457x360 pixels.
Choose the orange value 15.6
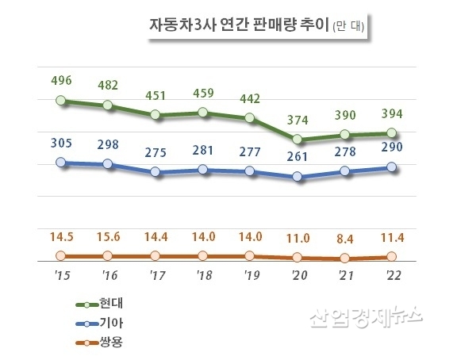pos(108,236)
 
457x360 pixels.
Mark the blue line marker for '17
pos(156,172)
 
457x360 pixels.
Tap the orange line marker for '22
pos(393,257)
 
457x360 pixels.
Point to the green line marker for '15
pos(62,101)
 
